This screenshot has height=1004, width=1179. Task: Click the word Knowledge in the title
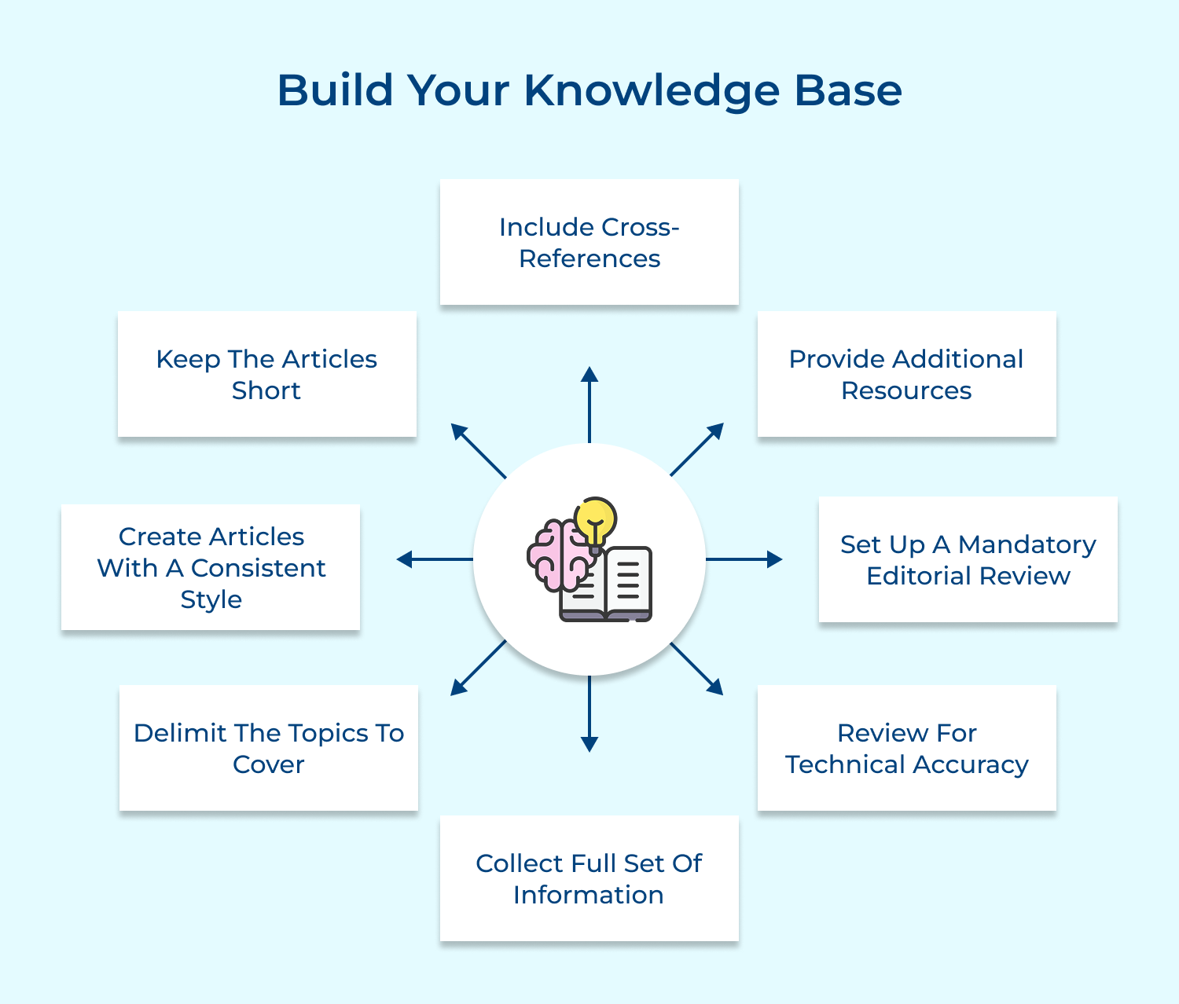(652, 91)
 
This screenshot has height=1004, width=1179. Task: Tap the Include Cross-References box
(589, 242)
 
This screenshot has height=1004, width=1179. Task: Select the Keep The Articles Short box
(266, 374)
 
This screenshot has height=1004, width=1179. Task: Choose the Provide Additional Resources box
(906, 374)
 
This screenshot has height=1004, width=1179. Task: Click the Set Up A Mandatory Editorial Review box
(968, 559)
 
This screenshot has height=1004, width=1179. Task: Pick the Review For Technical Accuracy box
(906, 748)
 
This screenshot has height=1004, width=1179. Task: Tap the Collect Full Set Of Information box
(589, 878)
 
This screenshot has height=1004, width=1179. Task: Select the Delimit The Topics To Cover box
(268, 748)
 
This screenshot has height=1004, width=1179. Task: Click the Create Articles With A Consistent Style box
(211, 567)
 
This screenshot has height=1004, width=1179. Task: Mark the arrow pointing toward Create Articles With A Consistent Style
(435, 559)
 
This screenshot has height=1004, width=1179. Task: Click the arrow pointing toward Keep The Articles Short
(478, 450)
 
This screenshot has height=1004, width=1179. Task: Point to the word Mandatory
(1027, 544)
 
